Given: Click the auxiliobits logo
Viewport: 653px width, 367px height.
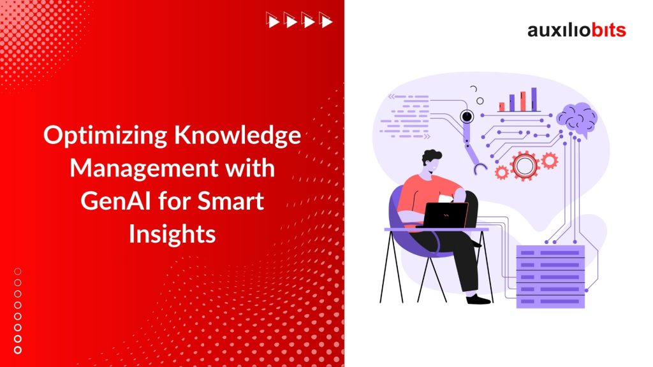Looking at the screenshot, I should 576,30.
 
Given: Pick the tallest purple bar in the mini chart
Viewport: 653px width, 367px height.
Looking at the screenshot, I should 534,99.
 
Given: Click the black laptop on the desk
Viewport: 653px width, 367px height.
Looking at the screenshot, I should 446,215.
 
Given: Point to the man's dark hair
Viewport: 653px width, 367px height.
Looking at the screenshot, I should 433,156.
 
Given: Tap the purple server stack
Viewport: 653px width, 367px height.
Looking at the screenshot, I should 550,276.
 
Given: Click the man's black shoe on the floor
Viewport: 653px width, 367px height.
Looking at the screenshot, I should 478,298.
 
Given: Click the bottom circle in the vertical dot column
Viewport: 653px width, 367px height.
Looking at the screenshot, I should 18,349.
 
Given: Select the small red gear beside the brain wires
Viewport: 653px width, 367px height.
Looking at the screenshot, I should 549,161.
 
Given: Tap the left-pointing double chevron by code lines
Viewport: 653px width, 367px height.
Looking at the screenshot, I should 384,97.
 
